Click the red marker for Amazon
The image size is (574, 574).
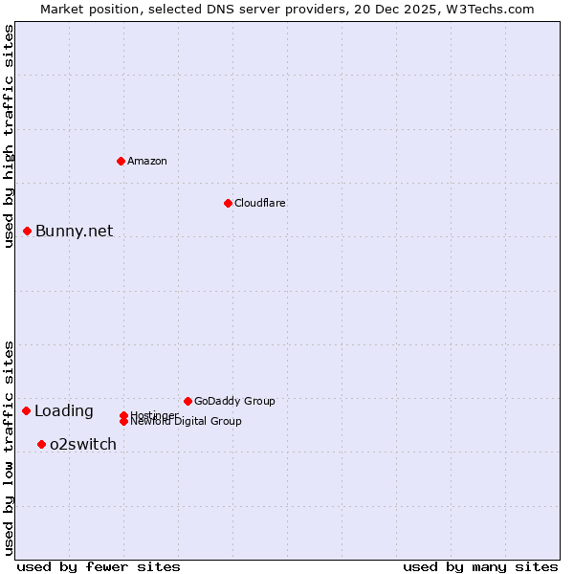pos(121,161)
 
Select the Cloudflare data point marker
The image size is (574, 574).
pos(228,203)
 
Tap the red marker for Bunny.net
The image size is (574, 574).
pos(28,231)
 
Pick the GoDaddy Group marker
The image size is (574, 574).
pos(188,401)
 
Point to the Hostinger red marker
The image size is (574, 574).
pos(123,415)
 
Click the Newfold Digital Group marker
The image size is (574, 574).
pos(123,421)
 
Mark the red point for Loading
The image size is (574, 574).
pos(27,410)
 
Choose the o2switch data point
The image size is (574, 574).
pos(41,444)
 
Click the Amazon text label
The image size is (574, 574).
pos(147,161)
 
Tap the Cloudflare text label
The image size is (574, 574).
pos(260,203)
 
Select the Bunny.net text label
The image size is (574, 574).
pos(75,231)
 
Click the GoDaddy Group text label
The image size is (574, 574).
pos(234,401)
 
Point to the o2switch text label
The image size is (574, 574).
pos(83,444)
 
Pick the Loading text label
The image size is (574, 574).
pos(64,411)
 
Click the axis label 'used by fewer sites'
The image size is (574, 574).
pos(99,566)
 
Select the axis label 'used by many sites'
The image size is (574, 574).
pos(480,566)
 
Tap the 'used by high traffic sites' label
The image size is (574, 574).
pos(9,137)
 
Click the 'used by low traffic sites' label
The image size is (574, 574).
pos(9,447)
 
